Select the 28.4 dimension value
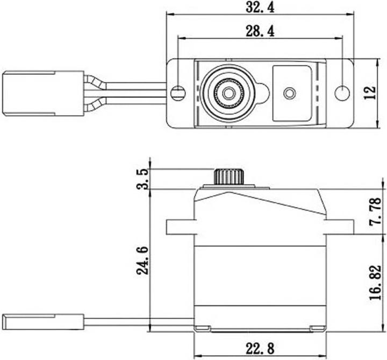(261, 32)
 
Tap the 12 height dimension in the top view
(368, 93)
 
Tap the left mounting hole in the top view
(178, 93)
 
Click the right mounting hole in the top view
(342, 93)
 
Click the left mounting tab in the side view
(180, 226)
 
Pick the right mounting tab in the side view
(340, 226)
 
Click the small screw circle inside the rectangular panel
(290, 93)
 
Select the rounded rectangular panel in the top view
(292, 93)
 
